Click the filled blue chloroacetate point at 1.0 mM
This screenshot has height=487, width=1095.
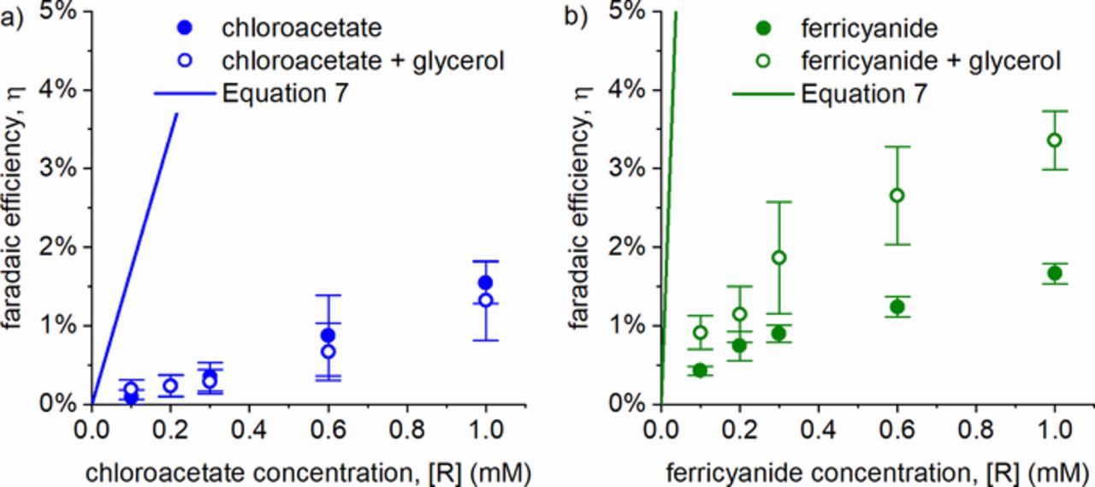[x=486, y=282]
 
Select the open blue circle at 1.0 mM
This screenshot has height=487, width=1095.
[x=486, y=300]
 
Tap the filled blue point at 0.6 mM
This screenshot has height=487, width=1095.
[x=328, y=335]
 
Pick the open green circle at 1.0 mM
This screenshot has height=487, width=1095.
[x=1054, y=140]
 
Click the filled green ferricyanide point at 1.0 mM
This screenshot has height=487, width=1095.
[x=1054, y=273]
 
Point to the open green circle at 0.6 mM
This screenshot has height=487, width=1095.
[x=897, y=195]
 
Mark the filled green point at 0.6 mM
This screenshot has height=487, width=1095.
[x=897, y=306]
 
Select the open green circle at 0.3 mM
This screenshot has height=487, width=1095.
[x=778, y=258]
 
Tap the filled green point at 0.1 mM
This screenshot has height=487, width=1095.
[x=700, y=370]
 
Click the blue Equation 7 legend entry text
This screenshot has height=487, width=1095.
[x=285, y=93]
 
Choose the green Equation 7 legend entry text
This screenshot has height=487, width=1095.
[x=864, y=93]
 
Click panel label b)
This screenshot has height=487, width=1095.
[x=575, y=17]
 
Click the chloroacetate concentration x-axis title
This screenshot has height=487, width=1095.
[x=306, y=471]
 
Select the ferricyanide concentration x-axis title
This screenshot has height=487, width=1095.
[x=876, y=471]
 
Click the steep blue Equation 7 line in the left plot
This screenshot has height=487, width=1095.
[x=134, y=257]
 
